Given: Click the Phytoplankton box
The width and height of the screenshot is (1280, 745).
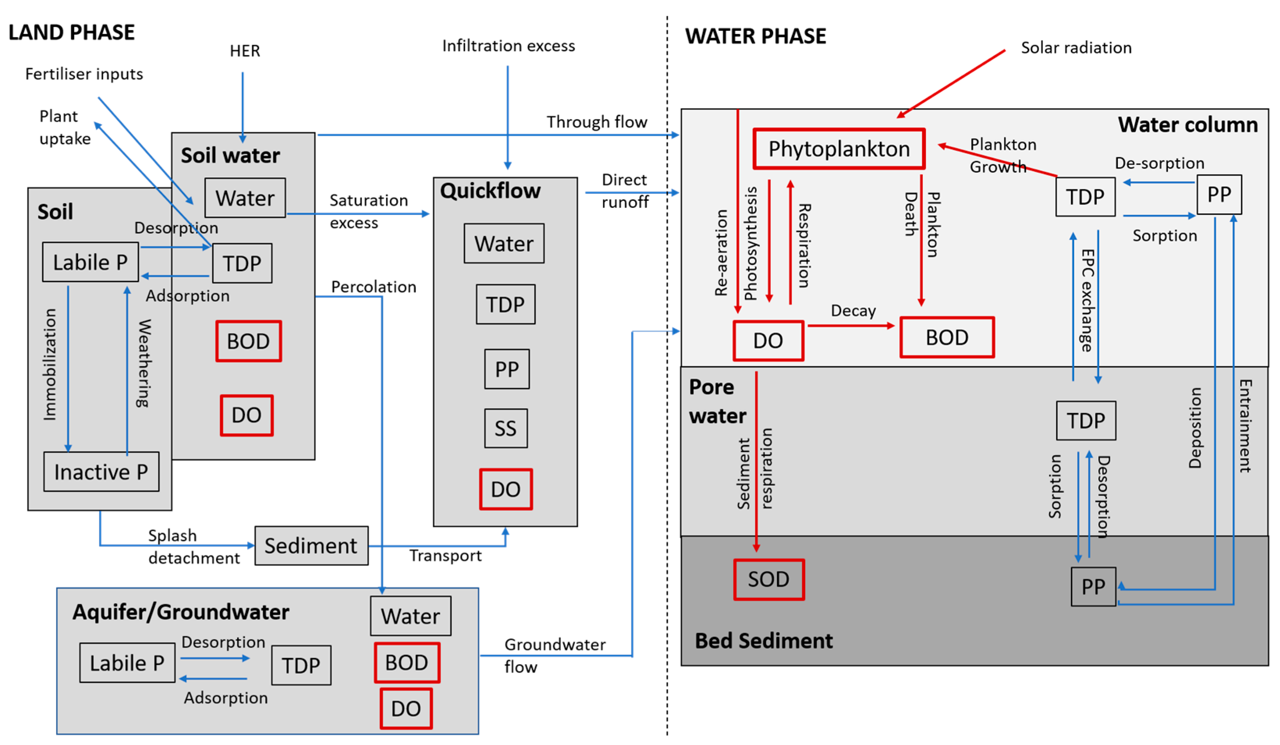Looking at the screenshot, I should tap(839, 149).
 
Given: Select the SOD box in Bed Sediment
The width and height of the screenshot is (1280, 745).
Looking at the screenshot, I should tap(768, 579).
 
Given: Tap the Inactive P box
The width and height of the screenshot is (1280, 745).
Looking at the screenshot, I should tap(101, 471).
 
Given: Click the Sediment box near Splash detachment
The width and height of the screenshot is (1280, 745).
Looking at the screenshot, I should tap(311, 545).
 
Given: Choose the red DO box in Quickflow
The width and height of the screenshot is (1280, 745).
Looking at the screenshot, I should tap(505, 489).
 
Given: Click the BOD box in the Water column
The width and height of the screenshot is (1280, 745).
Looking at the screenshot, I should tap(947, 338).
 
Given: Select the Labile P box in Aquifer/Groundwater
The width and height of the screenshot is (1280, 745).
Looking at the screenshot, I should tap(127, 663).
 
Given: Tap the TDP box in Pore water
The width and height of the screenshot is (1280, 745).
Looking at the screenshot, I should tap(1085, 420).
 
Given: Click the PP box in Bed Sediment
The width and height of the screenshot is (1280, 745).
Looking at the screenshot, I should tap(1093, 587).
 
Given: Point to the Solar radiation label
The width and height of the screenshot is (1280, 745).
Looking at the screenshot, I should tap(1076, 48).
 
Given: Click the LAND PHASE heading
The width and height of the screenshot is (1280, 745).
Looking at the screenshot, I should tap(72, 32).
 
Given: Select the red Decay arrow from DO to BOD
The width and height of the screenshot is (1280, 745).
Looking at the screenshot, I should tap(851, 325).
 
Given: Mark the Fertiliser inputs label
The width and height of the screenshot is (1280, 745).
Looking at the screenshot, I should tap(84, 74).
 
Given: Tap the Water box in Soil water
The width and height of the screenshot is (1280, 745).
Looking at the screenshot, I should tap(245, 198).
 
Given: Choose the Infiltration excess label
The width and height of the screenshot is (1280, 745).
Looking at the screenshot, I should tap(508, 46).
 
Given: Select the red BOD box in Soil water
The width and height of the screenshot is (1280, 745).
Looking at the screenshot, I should tap(248, 341).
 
